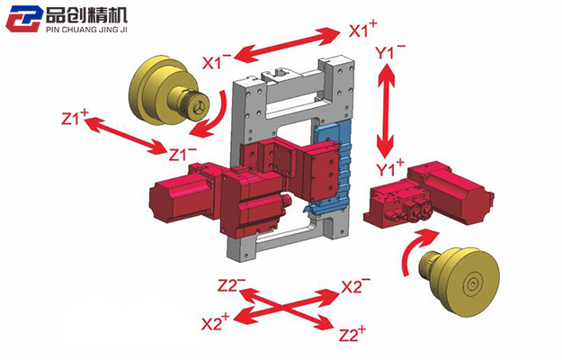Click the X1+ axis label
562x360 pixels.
362,30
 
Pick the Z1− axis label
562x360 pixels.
183,153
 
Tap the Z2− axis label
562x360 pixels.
231,285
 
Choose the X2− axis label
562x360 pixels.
356,286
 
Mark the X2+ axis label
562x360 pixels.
216,322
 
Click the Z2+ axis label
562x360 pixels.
352,334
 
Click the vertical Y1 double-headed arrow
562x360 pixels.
388,110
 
